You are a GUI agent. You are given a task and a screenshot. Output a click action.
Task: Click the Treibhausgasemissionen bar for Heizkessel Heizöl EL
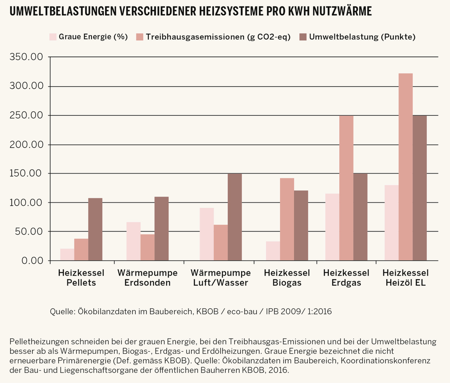coord(406,167)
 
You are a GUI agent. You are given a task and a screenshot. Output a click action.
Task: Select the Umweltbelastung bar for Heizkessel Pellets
coord(95,229)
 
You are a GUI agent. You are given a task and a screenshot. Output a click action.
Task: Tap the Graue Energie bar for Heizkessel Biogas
coord(273,251)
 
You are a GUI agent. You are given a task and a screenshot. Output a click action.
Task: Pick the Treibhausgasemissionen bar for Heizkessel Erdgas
coord(346,188)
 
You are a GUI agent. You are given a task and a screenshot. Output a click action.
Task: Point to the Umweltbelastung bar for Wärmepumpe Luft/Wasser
coord(235,217)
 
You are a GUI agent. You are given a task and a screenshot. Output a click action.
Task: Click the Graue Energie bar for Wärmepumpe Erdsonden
coord(133,241)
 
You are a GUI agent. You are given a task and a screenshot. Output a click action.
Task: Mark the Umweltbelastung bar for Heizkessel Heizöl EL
coord(420,188)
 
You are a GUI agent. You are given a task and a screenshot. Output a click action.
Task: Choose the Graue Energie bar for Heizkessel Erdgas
coord(332,227)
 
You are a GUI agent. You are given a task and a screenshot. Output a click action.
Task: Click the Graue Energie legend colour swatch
coord(53,37)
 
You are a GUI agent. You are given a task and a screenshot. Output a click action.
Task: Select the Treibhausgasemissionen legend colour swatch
coord(139,37)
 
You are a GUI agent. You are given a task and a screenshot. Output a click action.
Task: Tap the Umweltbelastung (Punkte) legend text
coord(362,37)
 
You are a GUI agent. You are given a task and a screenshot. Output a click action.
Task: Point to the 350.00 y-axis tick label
coord(26,57)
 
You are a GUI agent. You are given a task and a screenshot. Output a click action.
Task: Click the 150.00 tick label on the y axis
coord(26,173)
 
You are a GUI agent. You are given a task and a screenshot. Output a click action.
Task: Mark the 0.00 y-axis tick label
coord(32,261)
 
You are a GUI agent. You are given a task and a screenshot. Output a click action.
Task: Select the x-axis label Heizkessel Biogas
coord(287,278)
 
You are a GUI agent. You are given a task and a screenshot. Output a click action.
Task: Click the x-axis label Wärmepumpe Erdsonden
coord(148,278)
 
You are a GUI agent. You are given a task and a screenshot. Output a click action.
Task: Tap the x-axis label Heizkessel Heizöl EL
coord(406,278)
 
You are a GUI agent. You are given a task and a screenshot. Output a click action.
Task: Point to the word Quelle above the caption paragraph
coord(62,311)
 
